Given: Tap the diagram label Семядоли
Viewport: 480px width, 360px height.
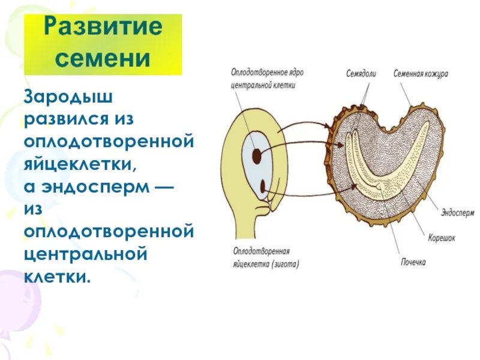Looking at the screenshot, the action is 361,74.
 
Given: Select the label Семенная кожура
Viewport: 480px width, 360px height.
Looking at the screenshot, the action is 421,74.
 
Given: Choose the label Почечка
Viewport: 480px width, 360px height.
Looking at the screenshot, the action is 413,262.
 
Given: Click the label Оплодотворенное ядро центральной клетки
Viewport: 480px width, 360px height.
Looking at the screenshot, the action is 267,78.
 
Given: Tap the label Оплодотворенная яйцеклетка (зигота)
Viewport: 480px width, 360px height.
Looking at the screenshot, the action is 265,257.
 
